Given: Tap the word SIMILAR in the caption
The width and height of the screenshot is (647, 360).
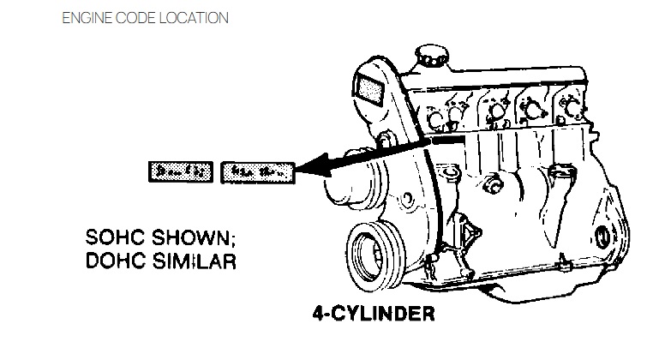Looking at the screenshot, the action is point(190,258).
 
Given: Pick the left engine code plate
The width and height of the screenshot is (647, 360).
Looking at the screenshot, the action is point(180,171).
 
